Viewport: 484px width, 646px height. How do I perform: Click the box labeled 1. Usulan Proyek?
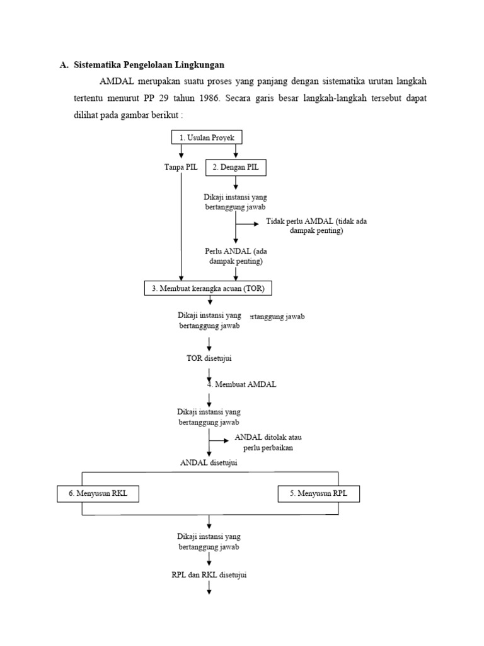[207, 137]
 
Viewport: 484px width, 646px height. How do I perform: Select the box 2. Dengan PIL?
[236, 167]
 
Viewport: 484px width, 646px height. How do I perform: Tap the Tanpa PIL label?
[181, 167]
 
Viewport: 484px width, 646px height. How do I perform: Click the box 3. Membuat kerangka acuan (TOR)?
[209, 288]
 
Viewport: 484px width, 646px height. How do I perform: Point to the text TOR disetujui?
[209, 358]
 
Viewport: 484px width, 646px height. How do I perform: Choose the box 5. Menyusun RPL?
[319, 493]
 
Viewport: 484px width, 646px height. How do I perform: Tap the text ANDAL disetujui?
[209, 462]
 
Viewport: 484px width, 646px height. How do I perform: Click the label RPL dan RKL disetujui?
[209, 575]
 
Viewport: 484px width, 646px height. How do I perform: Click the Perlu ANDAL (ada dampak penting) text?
[236, 255]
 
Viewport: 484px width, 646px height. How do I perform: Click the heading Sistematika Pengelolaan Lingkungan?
[149, 64]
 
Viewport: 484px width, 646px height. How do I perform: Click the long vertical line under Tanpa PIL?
[181, 227]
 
